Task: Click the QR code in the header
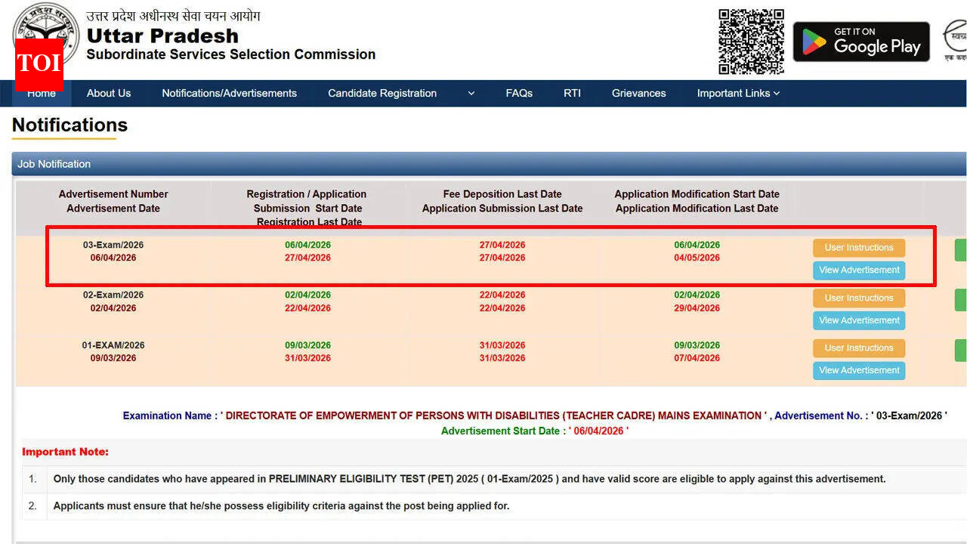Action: coord(751,42)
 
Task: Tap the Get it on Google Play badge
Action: coord(860,42)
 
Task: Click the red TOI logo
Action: coord(39,63)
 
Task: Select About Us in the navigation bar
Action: coord(109,93)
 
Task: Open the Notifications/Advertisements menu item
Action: coord(229,93)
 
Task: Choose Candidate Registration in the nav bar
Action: coord(382,93)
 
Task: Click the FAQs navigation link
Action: coord(519,93)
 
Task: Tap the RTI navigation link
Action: coord(572,93)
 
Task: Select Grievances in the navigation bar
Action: coord(638,93)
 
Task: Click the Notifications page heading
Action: coord(70,125)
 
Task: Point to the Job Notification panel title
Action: coord(54,164)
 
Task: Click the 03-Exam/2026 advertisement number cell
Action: coord(113,245)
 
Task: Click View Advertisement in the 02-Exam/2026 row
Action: coord(859,320)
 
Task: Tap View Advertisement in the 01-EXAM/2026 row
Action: coord(859,370)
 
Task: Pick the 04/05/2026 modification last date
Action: coord(697,258)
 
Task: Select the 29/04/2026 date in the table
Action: coord(697,308)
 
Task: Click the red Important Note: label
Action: coord(65,452)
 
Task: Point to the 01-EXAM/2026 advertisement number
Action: coord(113,345)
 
